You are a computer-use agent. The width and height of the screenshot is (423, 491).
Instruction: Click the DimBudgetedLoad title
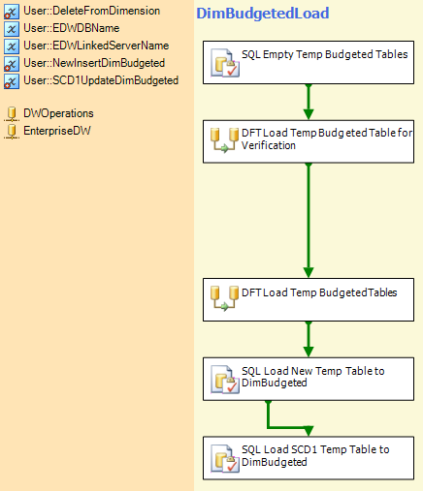point(263,14)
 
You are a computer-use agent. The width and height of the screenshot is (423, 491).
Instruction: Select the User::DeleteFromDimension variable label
point(92,11)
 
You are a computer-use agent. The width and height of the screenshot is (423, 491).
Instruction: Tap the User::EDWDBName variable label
point(72,28)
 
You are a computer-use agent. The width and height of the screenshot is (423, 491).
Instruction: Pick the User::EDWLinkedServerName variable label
point(96,46)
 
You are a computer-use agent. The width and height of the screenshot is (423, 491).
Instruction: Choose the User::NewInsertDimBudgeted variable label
point(94,63)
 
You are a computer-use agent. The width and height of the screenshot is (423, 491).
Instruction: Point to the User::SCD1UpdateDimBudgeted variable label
point(101,80)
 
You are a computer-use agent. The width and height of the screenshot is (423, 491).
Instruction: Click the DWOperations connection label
point(58,113)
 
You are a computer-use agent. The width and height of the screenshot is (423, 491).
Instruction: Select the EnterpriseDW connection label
point(57,131)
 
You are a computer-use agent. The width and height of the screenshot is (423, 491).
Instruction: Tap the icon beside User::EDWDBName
point(12,28)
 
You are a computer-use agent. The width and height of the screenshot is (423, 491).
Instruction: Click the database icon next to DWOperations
point(12,114)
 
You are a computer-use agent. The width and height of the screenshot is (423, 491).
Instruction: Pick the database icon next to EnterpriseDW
point(12,132)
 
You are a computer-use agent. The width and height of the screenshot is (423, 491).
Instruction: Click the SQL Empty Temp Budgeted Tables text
point(325,54)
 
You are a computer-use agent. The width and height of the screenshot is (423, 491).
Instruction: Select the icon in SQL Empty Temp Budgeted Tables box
point(225,63)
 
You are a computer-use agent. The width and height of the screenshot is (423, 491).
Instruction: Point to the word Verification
point(269,145)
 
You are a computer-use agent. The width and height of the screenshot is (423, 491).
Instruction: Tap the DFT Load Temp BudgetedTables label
point(319,292)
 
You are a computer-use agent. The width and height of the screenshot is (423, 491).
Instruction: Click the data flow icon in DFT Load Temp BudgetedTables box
point(224,298)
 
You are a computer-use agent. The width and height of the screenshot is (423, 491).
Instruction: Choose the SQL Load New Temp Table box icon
point(225,380)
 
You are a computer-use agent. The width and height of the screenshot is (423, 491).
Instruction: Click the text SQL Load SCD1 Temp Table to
point(315,449)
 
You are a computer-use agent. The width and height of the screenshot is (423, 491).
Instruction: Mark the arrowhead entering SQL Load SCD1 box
point(309,431)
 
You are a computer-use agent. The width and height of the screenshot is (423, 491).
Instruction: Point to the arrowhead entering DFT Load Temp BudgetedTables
point(309,273)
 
